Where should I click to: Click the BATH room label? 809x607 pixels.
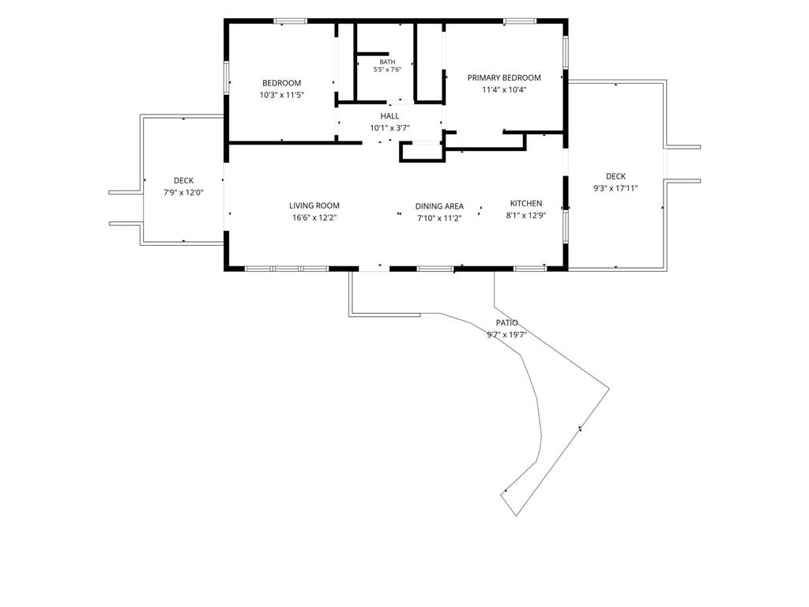coord(387,62)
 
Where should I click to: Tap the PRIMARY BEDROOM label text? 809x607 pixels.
coord(504,78)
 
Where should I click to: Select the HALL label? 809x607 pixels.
coord(389,116)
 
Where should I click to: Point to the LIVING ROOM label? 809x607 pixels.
coord(314,205)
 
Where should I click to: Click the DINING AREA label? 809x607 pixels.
coord(439,206)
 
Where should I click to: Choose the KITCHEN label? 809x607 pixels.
coord(525,203)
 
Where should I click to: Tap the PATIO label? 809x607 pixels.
coord(506,322)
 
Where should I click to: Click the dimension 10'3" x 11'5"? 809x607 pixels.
coord(282,95)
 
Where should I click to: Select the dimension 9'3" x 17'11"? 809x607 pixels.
coord(615,188)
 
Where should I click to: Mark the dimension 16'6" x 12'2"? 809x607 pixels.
coord(314,218)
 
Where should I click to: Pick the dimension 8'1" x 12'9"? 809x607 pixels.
coord(525,216)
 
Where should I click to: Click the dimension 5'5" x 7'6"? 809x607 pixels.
coord(387,70)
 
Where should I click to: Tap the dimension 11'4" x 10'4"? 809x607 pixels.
coord(504,90)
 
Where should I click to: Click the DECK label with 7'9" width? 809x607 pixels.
coord(183,181)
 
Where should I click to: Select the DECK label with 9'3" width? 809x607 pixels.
coord(615,176)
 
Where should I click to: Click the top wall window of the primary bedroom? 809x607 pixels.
coord(520,21)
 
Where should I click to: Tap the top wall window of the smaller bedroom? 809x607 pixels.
coord(291,21)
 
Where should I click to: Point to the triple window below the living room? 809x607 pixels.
coord(287,269)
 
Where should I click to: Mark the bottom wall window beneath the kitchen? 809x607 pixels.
coord(530,269)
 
